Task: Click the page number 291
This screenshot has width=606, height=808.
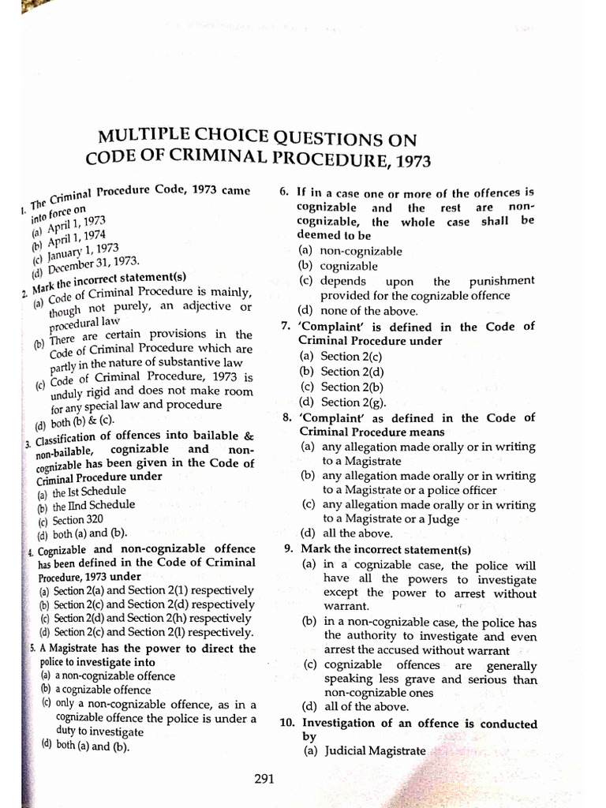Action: coord(264,780)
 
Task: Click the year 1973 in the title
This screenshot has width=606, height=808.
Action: coord(406,161)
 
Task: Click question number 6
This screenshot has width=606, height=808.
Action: coord(285,192)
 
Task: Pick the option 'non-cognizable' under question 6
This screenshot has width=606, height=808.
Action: coord(350,251)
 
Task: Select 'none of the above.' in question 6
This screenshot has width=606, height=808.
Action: coord(357,310)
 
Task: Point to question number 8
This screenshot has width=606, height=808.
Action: coord(286,417)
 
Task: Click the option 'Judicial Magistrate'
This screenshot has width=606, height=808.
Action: coord(364,751)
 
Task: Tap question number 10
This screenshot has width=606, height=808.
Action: coord(286,723)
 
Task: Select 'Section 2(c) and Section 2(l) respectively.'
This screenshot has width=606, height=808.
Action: coord(147,632)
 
